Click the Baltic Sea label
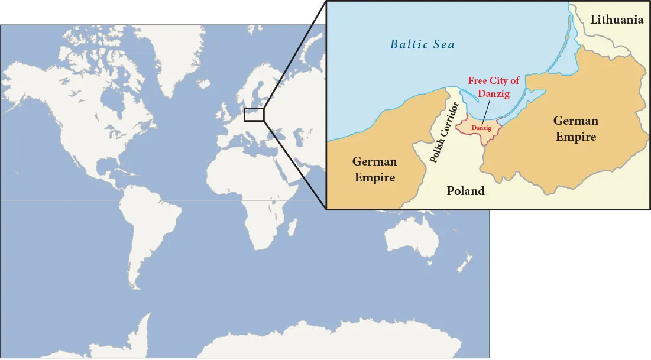click(x=422, y=44)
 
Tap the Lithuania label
click(x=617, y=20)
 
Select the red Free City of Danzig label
click(x=494, y=87)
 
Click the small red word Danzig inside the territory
click(x=482, y=128)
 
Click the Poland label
click(x=465, y=191)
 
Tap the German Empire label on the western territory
click(x=374, y=169)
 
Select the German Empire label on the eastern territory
click(x=575, y=128)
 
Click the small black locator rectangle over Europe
click(x=254, y=114)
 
